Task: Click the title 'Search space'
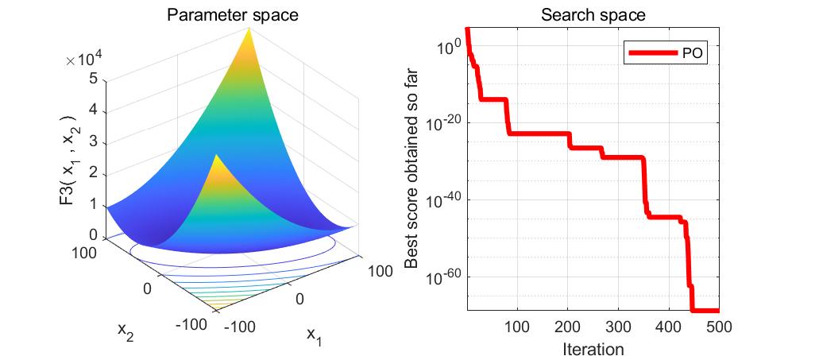[x=593, y=14]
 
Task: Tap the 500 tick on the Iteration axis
[x=718, y=327]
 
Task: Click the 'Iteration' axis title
[x=593, y=348]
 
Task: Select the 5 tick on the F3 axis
[x=93, y=79]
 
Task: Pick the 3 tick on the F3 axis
[x=93, y=141]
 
